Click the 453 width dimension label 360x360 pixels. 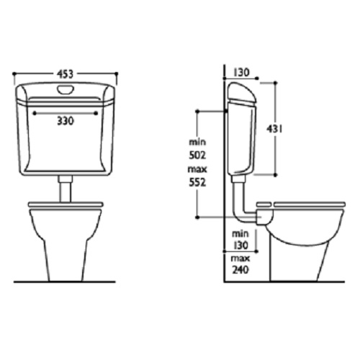tap(66, 72)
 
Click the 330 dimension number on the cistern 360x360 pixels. tap(66, 122)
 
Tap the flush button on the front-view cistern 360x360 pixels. tap(66, 89)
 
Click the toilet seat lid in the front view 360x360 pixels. tap(66, 205)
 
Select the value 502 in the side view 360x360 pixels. tap(197, 154)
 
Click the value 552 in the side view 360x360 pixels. tap(197, 183)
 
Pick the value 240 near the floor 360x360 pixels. tap(241, 271)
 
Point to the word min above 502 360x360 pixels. tap(197, 141)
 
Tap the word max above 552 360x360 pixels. tap(197, 170)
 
